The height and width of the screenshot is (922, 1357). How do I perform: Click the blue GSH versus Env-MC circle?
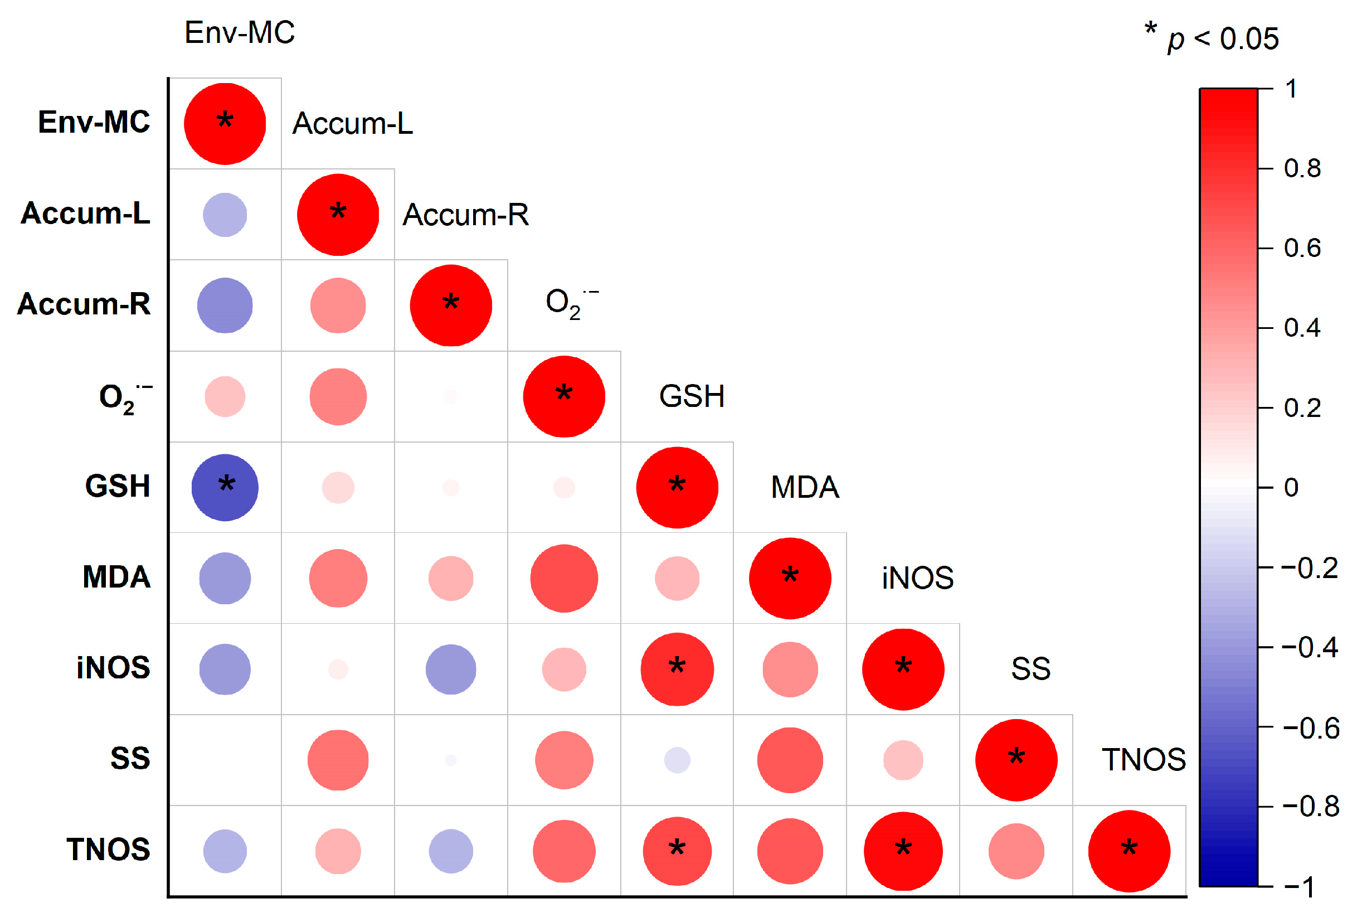225,488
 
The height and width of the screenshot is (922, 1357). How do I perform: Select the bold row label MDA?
117,577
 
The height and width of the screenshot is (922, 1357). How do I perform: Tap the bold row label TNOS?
109,849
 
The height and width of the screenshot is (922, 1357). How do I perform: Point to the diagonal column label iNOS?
917,578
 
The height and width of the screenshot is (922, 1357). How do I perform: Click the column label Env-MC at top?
240,33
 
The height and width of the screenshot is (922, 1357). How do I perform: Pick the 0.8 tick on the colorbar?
1302,169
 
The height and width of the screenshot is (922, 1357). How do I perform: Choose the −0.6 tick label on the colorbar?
1310,727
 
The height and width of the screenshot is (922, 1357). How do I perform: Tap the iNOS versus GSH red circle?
677,669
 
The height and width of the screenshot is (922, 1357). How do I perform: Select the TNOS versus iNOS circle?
903,851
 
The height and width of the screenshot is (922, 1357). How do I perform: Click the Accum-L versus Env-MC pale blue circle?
225,215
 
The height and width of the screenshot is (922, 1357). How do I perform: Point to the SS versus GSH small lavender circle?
677,760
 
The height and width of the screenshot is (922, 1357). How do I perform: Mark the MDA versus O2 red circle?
564,579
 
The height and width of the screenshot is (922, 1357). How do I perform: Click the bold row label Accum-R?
84,304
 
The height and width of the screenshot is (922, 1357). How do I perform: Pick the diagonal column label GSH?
692,396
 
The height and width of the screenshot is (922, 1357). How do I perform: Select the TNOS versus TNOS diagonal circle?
1129,851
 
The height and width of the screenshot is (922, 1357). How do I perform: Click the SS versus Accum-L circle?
338,760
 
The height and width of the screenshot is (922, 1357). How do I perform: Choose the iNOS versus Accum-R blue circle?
451,669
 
